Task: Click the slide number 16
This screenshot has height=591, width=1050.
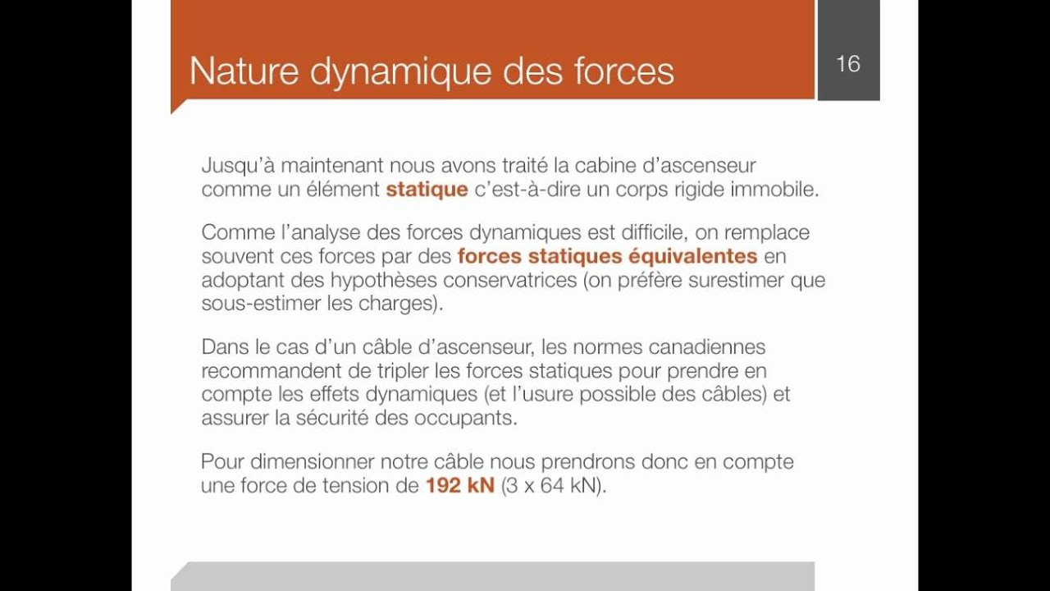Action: coord(848,64)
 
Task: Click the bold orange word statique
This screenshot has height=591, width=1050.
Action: coord(427,190)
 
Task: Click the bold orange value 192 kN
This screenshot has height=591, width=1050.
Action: coord(459,485)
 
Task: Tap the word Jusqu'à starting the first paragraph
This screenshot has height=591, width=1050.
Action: coord(237,167)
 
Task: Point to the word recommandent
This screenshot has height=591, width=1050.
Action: coord(266,370)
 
